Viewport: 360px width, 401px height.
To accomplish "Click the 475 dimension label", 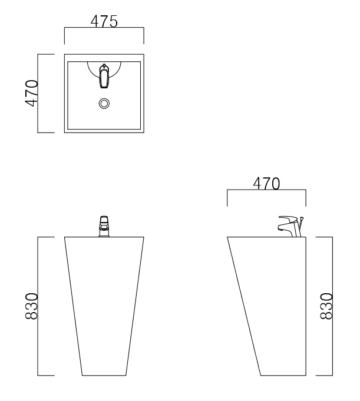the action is click(x=104, y=21).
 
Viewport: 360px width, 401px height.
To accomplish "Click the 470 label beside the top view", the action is click(x=31, y=93).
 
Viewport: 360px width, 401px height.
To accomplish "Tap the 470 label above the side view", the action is click(x=266, y=183).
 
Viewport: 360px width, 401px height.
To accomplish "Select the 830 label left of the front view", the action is click(x=31, y=306).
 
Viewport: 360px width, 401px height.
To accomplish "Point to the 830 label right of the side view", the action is click(x=326, y=306).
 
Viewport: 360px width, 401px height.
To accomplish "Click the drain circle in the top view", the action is click(x=104, y=104).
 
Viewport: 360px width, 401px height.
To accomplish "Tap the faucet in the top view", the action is click(x=104, y=76).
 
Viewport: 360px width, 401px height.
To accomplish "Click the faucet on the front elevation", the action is click(x=104, y=226).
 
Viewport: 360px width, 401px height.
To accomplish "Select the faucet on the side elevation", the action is click(x=291, y=227).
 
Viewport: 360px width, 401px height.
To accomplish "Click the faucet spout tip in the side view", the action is click(x=280, y=229).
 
